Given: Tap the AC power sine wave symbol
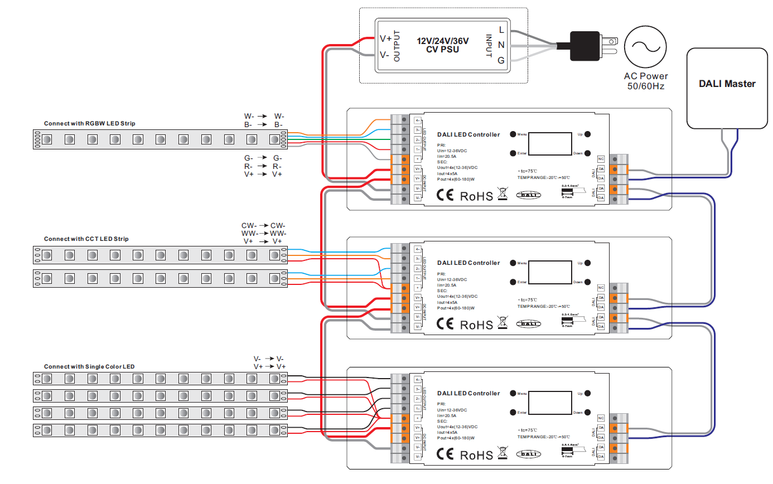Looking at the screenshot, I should tap(646, 48).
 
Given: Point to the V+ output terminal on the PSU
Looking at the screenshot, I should tap(385, 38).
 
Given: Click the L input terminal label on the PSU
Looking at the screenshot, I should tap(501, 30).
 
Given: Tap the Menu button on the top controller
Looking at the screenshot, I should tap(513, 134).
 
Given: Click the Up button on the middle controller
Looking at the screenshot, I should tap(587, 263).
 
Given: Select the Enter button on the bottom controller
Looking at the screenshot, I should tap(513, 413).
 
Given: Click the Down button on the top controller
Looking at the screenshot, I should tap(587, 153).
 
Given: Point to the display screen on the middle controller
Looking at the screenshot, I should tap(550, 272).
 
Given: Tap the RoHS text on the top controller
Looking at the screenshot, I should tap(476, 196).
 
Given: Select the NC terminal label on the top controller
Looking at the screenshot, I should tap(601, 159).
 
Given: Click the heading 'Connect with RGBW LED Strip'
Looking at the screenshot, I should tap(89, 123).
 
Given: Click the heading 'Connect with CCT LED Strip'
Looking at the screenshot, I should tap(86, 239).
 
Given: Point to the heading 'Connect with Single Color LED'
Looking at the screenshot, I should tap(89, 366).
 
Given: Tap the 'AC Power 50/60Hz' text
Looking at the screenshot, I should tap(646, 81).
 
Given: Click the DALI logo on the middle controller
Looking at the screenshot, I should tap(528, 323).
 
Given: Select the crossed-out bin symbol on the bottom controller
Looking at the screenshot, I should tap(503, 453).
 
